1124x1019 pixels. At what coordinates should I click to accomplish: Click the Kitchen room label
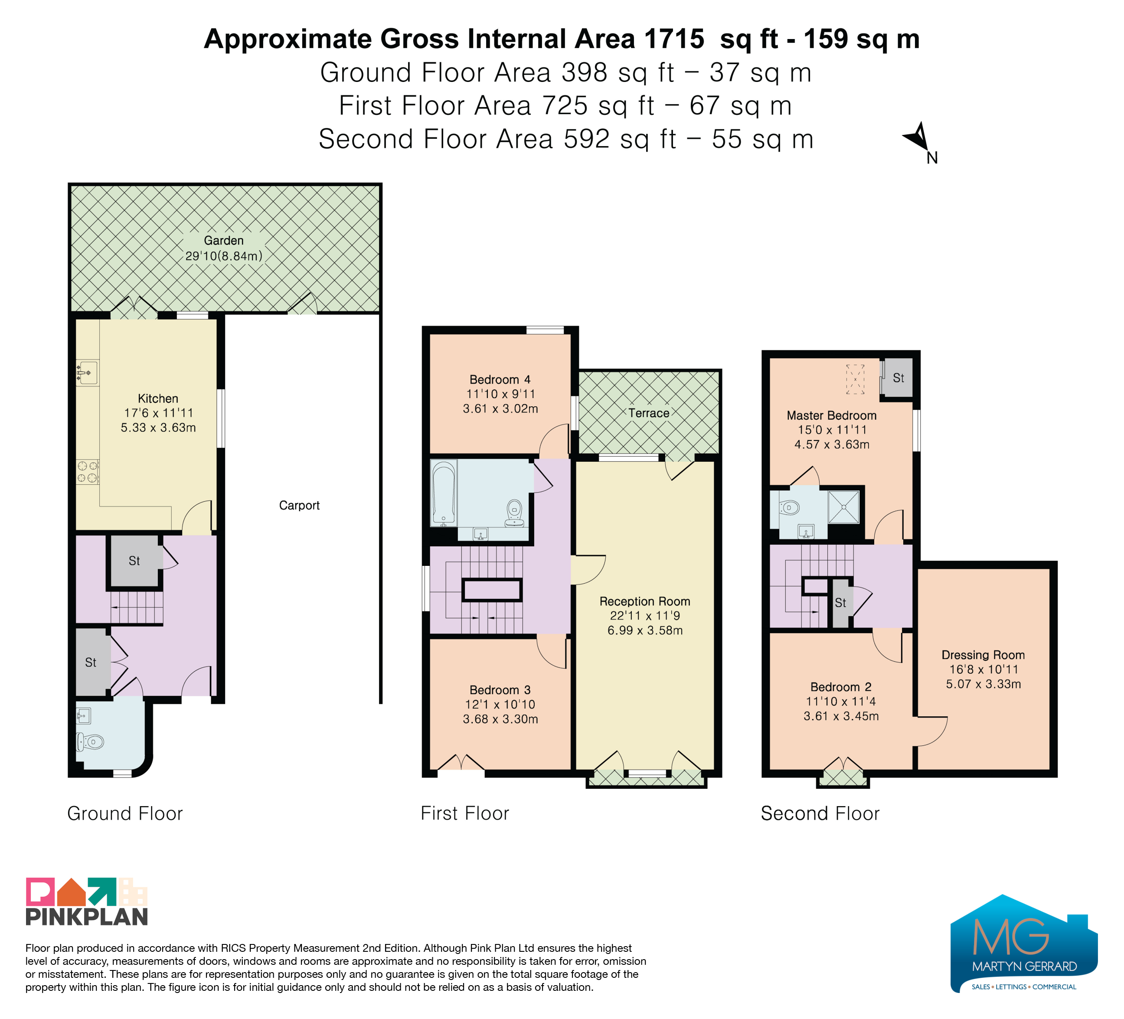[158, 398]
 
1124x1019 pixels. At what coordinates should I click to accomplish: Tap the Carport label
[299, 506]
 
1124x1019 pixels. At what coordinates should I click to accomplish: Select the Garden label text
[224, 241]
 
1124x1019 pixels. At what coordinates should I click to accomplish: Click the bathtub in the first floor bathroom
[444, 493]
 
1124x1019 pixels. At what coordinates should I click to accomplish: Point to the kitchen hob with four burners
[88, 472]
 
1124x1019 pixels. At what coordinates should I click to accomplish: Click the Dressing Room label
[983, 655]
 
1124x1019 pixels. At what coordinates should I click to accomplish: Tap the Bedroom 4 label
[500, 379]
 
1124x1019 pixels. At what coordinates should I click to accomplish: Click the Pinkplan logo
[87, 901]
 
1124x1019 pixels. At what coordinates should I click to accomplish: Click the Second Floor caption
[820, 813]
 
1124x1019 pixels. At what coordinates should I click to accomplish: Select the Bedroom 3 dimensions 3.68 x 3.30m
[500, 719]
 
